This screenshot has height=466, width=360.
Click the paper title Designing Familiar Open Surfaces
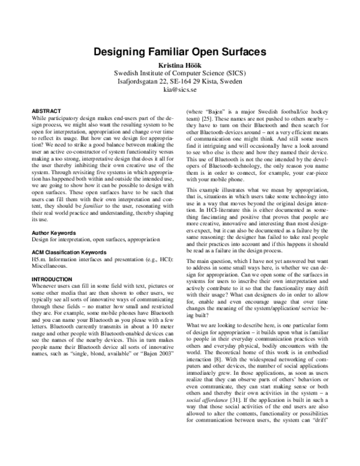180,52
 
